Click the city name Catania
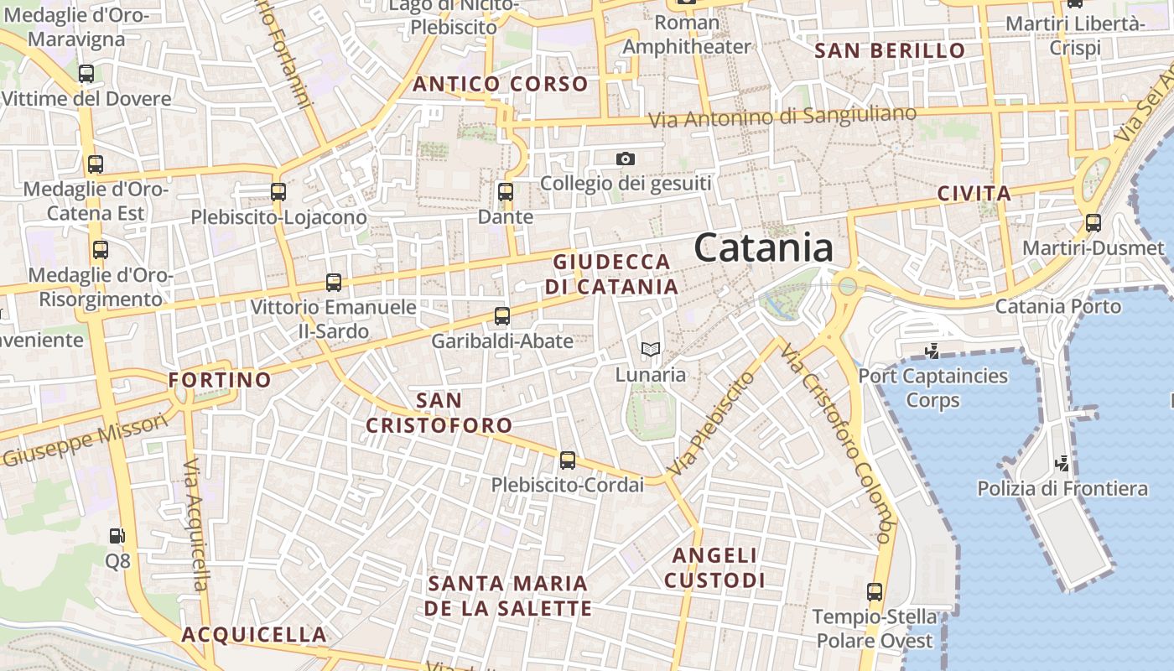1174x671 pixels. click(x=764, y=248)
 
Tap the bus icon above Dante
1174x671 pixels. click(x=505, y=192)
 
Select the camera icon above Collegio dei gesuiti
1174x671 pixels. click(x=625, y=159)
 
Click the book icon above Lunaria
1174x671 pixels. click(x=651, y=350)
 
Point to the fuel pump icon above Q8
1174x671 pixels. click(x=117, y=535)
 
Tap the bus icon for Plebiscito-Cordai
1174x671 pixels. click(x=568, y=460)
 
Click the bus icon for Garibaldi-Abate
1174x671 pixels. click(x=502, y=316)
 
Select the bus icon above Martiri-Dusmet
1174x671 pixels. click(x=1093, y=223)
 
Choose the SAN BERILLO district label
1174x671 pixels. click(x=890, y=50)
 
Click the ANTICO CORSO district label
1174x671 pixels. click(x=500, y=84)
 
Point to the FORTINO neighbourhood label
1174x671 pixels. click(x=220, y=380)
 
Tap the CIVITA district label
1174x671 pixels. click(x=974, y=194)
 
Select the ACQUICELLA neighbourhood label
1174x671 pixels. click(x=254, y=634)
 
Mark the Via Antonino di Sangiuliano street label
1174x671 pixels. click(x=782, y=117)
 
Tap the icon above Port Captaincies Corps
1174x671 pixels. click(x=931, y=350)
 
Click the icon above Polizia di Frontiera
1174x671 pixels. click(x=1062, y=462)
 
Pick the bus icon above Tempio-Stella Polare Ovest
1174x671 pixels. click(x=875, y=591)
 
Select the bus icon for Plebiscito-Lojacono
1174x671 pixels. click(x=278, y=192)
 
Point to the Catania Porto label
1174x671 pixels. click(x=1057, y=306)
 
